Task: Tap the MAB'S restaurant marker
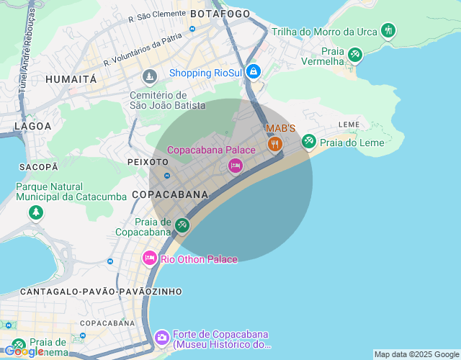[x=274, y=144]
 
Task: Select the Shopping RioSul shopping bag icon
[x=254, y=72]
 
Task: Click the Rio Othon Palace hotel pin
[x=150, y=258]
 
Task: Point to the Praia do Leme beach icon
[x=309, y=140]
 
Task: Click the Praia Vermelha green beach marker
[x=354, y=54]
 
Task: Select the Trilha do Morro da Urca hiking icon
[x=388, y=30]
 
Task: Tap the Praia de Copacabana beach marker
[x=182, y=225]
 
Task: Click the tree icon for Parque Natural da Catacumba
[x=35, y=213]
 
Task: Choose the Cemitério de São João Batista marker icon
[x=149, y=76]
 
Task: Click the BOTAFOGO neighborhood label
[x=220, y=14]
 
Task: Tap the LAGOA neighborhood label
[x=33, y=126]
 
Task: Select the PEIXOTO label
[x=147, y=162]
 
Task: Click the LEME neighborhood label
[x=349, y=125]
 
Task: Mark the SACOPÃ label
[x=38, y=166]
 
